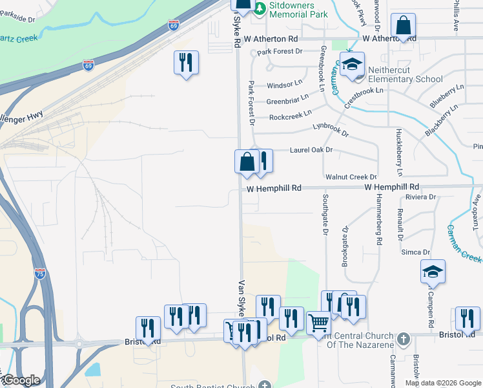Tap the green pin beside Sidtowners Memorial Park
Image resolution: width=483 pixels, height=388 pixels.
pos(259,8)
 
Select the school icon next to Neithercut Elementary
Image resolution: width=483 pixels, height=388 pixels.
pos(352,65)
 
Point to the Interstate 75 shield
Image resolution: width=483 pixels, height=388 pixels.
pos(40,274)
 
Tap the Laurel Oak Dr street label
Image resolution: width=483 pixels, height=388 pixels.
pos(311,150)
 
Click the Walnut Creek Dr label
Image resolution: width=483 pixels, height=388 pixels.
pos(351,177)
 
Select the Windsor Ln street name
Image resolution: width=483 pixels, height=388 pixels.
pos(284,85)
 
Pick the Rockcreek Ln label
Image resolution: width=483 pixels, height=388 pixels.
pos(290,117)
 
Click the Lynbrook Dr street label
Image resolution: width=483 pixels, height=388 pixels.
pos(330,130)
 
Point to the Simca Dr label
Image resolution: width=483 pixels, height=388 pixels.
pos(415,252)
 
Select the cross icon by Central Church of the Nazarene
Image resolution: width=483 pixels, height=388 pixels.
pos(403,338)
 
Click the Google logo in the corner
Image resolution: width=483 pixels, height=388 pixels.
pos(21,380)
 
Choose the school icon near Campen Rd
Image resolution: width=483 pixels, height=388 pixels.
pos(433,272)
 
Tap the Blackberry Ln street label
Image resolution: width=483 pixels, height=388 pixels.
pos(442,121)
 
